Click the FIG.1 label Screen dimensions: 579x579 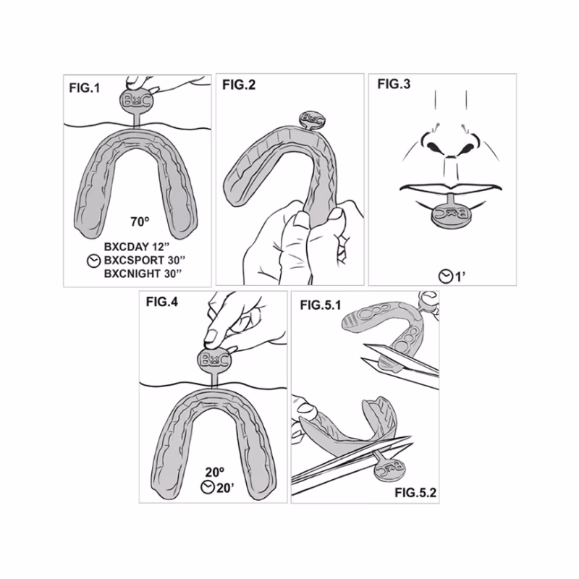coord(85,88)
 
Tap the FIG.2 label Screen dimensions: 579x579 coord(239,85)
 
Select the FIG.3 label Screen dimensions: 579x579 coord(394,84)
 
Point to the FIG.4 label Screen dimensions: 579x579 coord(161,302)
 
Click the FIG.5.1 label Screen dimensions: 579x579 coord(321,305)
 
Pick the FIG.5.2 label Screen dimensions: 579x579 coord(415,492)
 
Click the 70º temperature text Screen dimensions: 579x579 coord(140,221)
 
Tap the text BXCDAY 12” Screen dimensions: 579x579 coord(137,247)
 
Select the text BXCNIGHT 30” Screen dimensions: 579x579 coord(143,274)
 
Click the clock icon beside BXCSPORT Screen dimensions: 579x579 coord(94,261)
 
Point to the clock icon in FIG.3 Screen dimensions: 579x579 coord(446,276)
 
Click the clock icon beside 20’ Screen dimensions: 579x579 coord(208,487)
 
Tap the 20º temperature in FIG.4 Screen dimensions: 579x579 coord(215,472)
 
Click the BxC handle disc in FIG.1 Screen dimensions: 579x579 coord(136,100)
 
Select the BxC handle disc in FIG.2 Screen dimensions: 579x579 coord(313,119)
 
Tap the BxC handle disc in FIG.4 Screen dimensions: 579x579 coord(215,360)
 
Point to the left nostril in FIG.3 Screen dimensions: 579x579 coord(432,147)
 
